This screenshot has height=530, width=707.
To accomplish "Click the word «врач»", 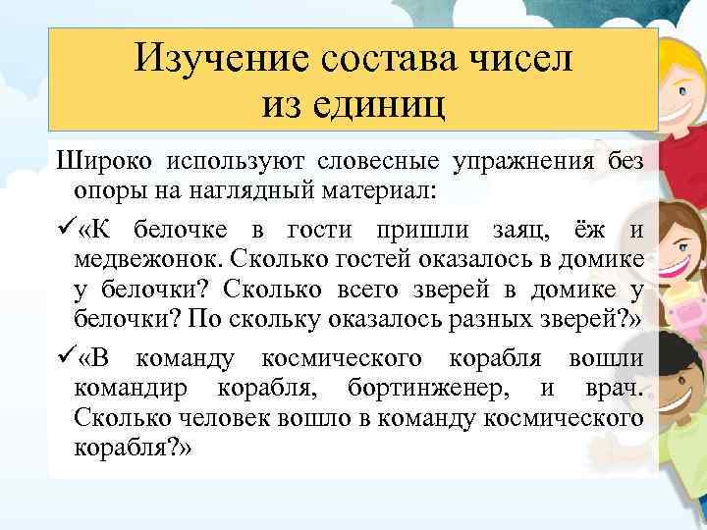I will (616, 386).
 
